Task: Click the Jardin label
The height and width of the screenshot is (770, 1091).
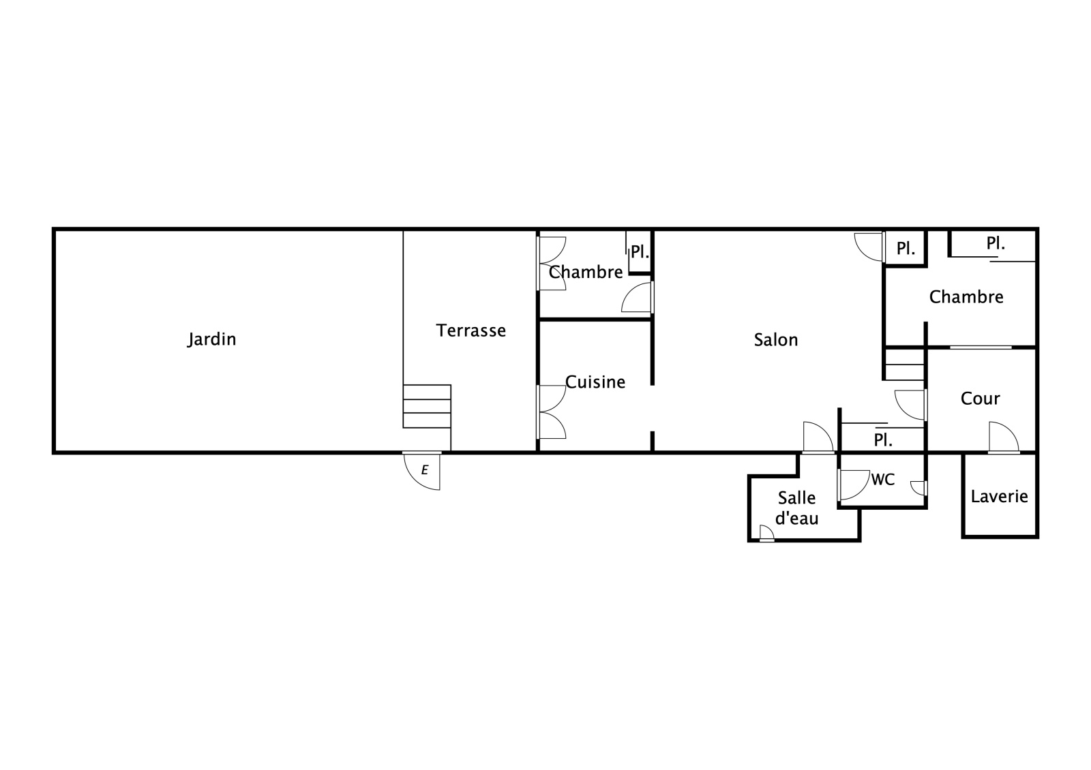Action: (x=212, y=339)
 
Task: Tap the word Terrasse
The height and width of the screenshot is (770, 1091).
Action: (x=471, y=330)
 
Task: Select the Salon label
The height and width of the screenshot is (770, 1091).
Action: (x=776, y=340)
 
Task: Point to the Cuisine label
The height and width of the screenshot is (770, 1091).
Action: (x=595, y=382)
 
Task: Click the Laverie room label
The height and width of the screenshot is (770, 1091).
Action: (x=1000, y=497)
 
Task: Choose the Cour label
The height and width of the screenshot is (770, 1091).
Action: (x=980, y=399)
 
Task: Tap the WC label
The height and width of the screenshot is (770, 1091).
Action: (x=882, y=480)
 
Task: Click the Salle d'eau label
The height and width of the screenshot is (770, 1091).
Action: (x=797, y=508)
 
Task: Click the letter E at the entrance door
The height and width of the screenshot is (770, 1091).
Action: (x=425, y=469)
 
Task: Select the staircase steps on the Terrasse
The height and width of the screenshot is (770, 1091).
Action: (x=427, y=406)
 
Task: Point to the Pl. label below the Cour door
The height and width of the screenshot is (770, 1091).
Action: (x=883, y=440)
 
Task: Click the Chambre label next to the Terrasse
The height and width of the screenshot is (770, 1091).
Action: (x=586, y=272)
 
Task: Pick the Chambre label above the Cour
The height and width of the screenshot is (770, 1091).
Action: (x=966, y=297)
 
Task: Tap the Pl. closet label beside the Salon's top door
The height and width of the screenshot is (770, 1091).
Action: (x=906, y=248)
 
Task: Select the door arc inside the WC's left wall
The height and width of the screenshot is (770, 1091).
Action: (x=854, y=484)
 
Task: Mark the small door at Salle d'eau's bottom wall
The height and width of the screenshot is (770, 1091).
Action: (x=766, y=534)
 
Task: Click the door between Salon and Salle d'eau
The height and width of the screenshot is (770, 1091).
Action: (x=818, y=437)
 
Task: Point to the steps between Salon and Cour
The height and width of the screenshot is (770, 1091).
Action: (x=904, y=365)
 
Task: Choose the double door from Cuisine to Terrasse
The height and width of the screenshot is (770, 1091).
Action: (x=552, y=412)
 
